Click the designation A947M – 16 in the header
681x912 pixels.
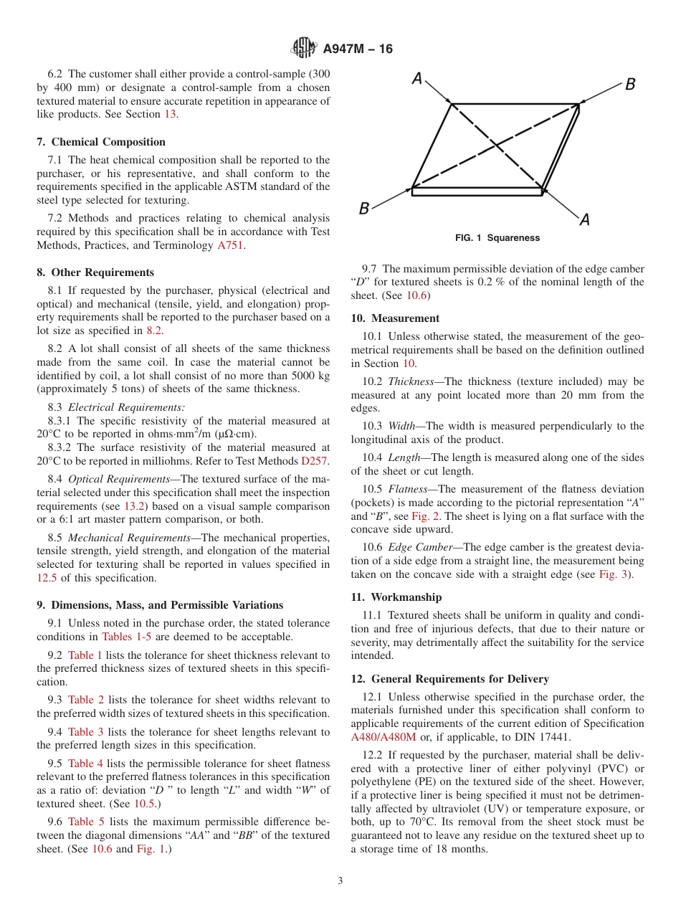pos(358,49)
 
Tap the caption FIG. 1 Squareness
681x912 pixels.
pos(497,238)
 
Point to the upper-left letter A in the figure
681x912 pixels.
pos(416,79)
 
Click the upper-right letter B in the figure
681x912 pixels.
pos(630,85)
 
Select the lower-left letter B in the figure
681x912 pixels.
pos(364,209)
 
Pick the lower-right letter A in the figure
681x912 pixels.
pos(584,219)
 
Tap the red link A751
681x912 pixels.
pos(231,245)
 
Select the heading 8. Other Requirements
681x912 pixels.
pos(95,272)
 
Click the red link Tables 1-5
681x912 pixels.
pos(127,637)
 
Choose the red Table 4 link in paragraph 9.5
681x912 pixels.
pos(85,763)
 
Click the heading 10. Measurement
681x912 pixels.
pos(395,318)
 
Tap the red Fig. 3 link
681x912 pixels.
pos(614,574)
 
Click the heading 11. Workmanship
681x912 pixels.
pos(396,597)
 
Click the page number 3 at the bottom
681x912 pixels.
pos(340,881)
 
